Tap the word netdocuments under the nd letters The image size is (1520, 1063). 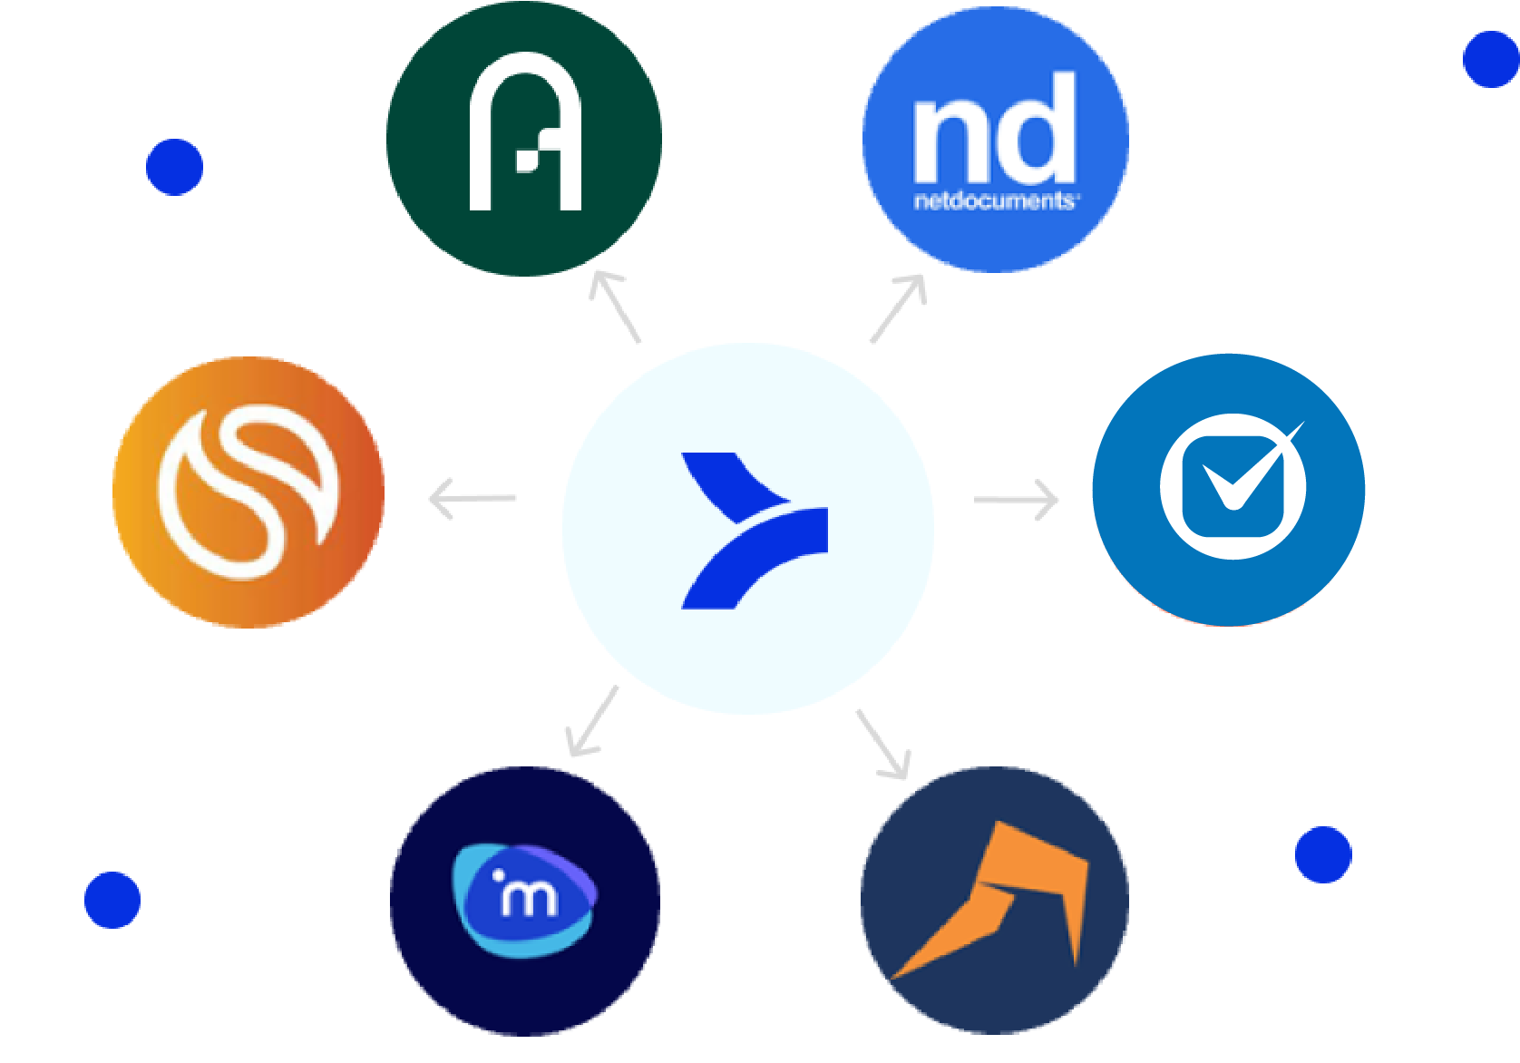tap(995, 201)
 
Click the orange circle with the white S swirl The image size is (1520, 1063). tap(248, 492)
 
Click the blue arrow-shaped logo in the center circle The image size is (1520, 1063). tap(754, 531)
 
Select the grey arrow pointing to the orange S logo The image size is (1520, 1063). tap(472, 499)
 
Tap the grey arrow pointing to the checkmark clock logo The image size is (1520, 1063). tap(1017, 501)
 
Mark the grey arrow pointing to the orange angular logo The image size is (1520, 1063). tap(882, 745)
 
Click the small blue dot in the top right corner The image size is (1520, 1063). tap(1491, 60)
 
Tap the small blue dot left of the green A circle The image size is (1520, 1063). tap(174, 167)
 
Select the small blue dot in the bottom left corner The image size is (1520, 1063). tap(112, 900)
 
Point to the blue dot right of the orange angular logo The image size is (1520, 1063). tap(1323, 854)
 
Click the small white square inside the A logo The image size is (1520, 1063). tap(526, 161)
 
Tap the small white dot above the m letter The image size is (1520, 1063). tap(498, 875)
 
